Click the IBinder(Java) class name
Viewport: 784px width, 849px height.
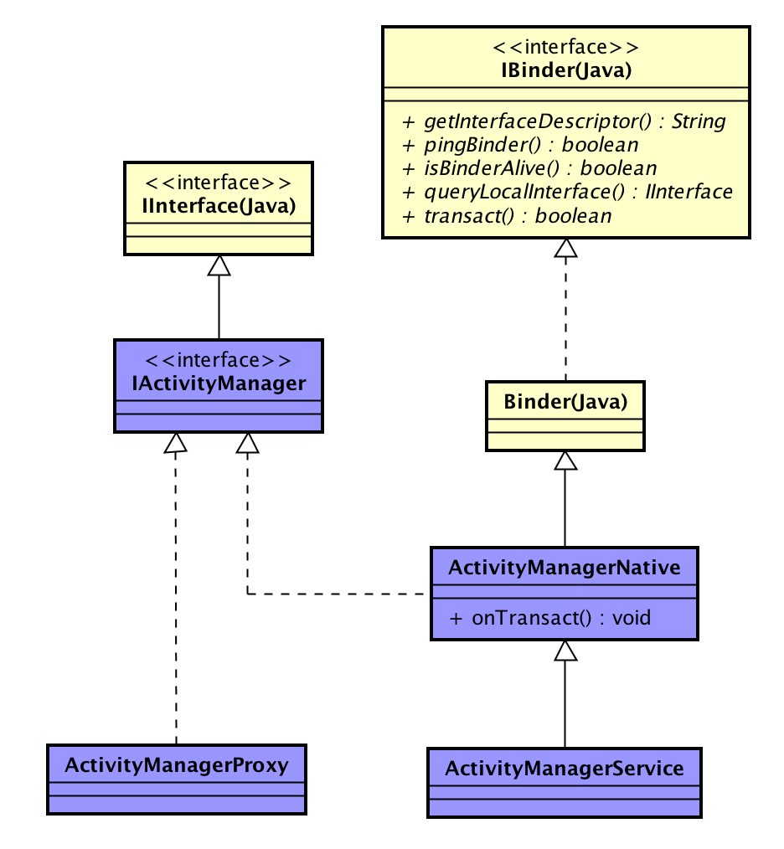[565, 70]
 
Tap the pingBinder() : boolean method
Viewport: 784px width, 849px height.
[521, 145]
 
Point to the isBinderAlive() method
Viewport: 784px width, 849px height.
[530, 168]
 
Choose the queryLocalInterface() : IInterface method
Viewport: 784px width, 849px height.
[568, 192]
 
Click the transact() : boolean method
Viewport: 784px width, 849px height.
[508, 215]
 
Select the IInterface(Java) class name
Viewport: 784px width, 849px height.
[219, 205]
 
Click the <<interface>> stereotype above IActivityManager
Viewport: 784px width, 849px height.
[219, 360]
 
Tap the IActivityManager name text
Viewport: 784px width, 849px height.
[219, 383]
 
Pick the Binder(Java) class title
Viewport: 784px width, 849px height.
[565, 401]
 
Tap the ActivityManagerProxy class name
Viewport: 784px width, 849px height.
[177, 764]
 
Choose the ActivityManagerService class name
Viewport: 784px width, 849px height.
[565, 768]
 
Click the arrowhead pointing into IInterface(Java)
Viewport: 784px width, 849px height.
[219, 265]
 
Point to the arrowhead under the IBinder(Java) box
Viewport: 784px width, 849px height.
[566, 249]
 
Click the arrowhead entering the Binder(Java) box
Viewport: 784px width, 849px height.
[566, 461]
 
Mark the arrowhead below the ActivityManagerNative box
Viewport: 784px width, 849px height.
[566, 651]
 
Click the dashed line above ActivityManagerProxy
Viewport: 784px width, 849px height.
[176, 603]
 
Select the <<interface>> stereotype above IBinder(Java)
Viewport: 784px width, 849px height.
[565, 47]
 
